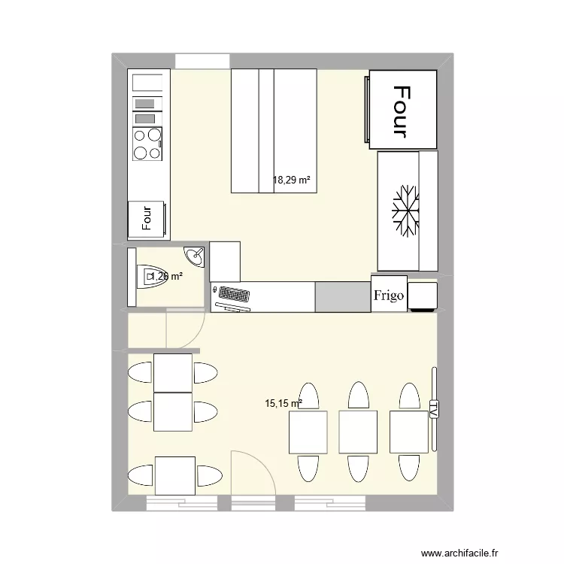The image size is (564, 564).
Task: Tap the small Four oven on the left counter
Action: coord(147,218)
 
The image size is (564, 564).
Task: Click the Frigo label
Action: coord(390,296)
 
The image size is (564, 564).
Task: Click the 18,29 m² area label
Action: coord(292,180)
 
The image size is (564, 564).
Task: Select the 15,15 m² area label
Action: coord(283,403)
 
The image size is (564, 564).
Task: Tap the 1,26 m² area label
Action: coord(166,277)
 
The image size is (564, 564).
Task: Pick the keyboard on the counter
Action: coord(232,293)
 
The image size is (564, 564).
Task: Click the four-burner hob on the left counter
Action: coord(147,144)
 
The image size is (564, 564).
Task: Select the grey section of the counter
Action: coord(342,296)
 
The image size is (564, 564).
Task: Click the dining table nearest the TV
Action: coord(408,432)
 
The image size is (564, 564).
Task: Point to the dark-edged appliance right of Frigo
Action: coord(423,296)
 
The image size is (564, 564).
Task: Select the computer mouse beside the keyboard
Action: coord(215,288)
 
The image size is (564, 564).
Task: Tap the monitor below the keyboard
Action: coord(233,304)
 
